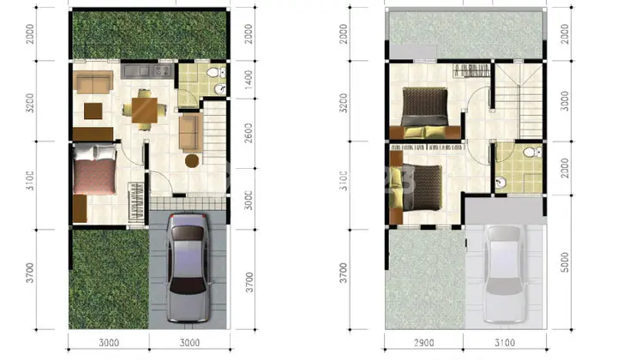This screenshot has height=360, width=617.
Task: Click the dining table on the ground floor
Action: click(x=145, y=111)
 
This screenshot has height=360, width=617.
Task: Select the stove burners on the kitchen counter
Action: click(x=163, y=71)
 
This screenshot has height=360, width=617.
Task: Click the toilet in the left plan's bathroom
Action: click(x=216, y=72)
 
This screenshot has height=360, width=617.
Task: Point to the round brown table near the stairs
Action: click(x=192, y=161)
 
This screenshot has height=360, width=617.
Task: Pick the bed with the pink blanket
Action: click(x=95, y=169)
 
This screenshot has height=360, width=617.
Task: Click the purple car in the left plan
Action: click(x=188, y=267)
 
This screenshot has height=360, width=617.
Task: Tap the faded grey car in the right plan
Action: click(x=504, y=273)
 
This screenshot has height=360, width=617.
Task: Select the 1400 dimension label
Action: click(x=249, y=80)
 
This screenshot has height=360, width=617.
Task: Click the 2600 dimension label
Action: click(x=249, y=133)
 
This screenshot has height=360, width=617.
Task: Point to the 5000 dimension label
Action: click(x=565, y=262)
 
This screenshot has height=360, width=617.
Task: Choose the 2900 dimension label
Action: click(x=424, y=343)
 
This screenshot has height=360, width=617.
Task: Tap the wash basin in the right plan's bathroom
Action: click(x=500, y=183)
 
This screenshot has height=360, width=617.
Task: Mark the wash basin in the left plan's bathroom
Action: click(x=220, y=89)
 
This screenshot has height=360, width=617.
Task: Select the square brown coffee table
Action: click(x=93, y=111)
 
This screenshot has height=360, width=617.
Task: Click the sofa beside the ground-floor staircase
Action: click(x=190, y=133)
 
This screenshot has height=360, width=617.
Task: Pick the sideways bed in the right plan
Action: click(x=416, y=188)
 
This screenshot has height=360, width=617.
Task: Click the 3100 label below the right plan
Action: click(x=505, y=343)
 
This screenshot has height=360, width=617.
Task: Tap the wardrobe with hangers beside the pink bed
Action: click(x=135, y=202)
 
